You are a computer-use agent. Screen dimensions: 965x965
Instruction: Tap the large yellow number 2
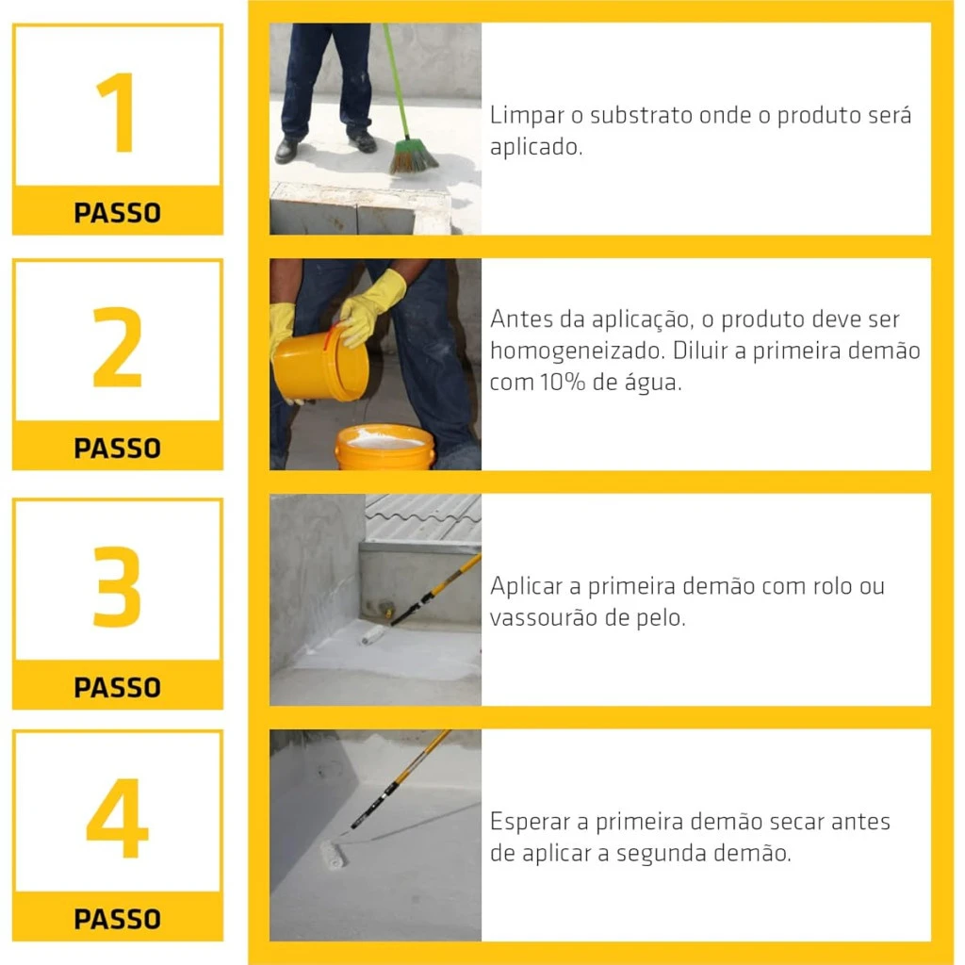[x=117, y=347]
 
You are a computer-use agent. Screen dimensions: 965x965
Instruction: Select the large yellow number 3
[x=117, y=586]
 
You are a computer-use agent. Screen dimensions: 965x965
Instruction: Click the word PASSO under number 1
[x=118, y=213]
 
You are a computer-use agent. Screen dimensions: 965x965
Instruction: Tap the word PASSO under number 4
[x=118, y=919]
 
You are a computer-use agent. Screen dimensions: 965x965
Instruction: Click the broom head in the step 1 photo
[x=413, y=157]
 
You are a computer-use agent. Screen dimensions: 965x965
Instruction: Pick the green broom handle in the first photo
[x=396, y=81]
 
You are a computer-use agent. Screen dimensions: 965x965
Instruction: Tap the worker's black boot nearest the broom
[x=363, y=142]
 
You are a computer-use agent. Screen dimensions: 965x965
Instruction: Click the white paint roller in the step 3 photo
[x=372, y=636]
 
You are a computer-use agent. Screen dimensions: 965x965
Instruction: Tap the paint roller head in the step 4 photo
[x=334, y=854]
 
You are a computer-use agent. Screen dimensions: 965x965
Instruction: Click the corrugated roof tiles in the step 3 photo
[x=423, y=517]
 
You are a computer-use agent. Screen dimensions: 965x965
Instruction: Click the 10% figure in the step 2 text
[x=563, y=383]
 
